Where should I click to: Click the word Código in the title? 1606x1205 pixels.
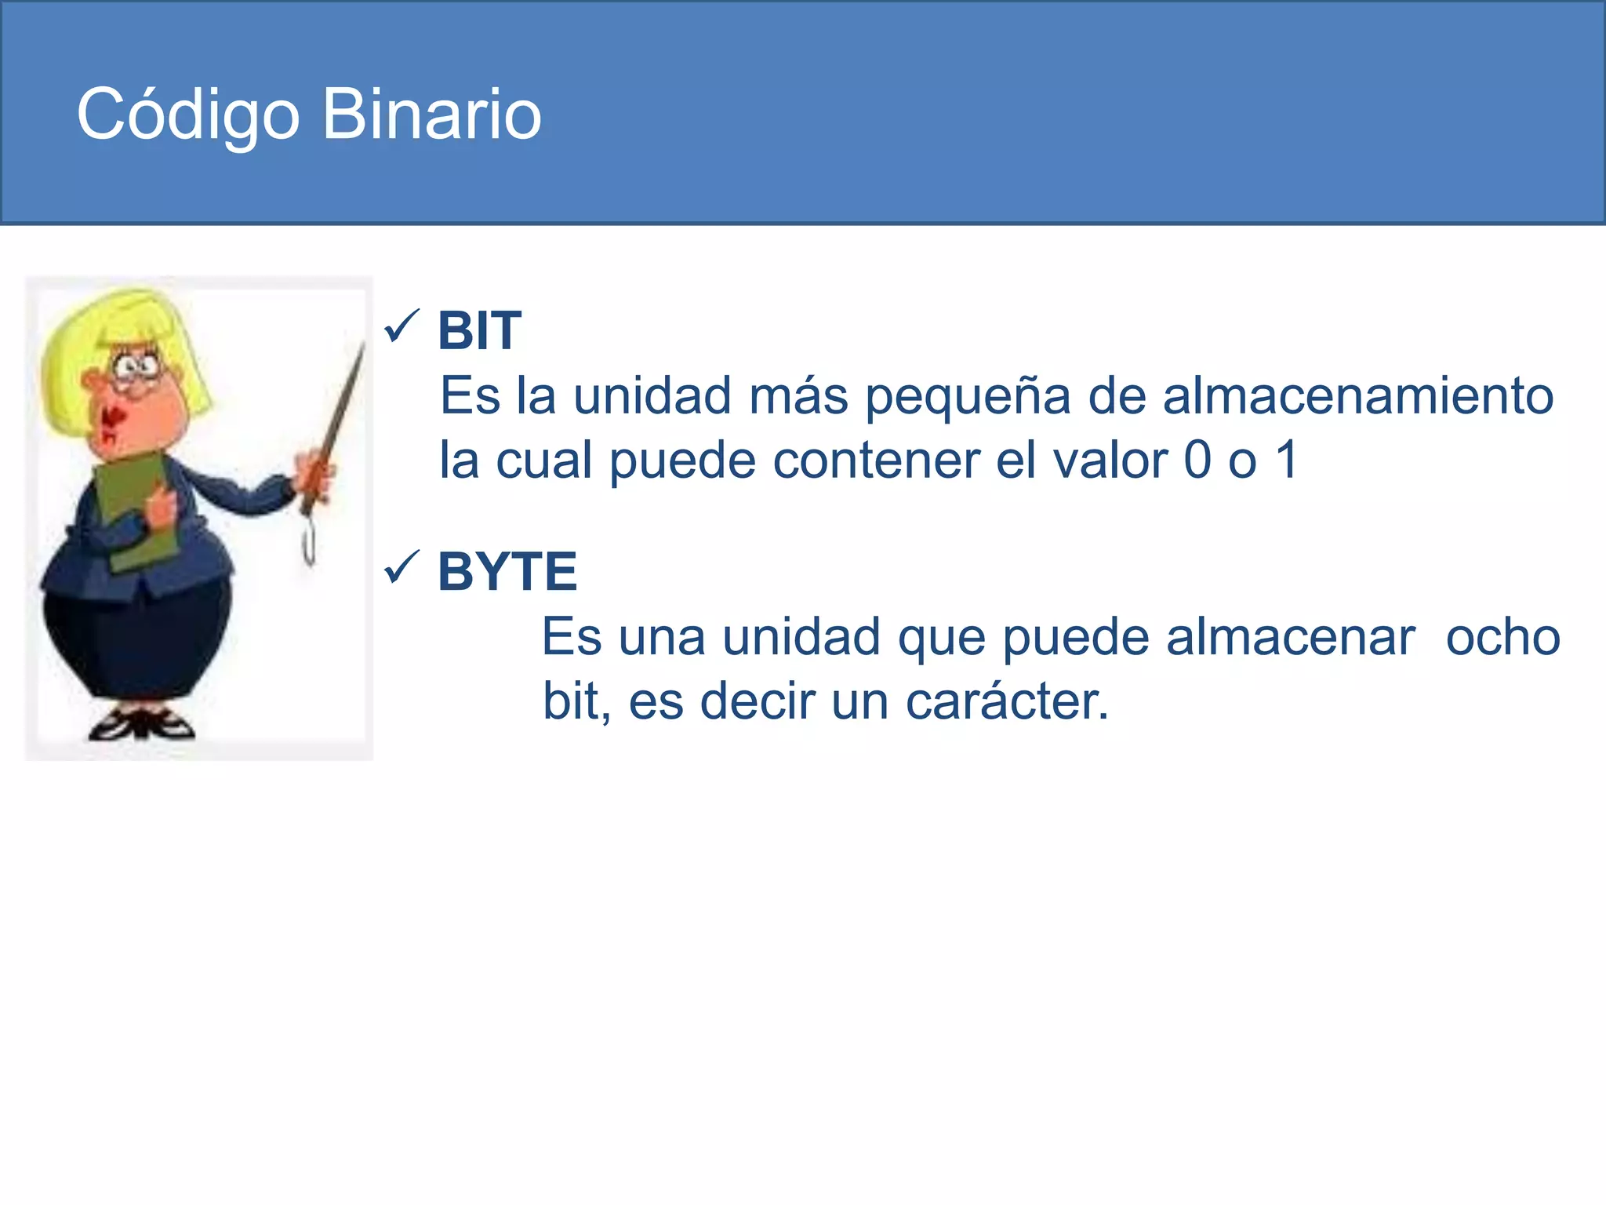coord(188,115)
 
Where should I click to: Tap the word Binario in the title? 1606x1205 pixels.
coord(431,115)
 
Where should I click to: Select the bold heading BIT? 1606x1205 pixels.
coord(479,330)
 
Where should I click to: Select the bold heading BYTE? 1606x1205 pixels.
coord(507,571)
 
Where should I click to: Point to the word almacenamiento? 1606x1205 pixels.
coord(1357,395)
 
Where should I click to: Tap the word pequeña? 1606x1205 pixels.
coord(968,397)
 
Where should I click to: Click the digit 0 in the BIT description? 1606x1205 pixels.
coord(1197,460)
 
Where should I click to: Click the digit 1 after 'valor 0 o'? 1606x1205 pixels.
coord(1287,460)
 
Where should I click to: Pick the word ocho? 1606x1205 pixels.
coord(1502,637)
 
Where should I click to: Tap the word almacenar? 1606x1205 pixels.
coord(1290,637)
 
